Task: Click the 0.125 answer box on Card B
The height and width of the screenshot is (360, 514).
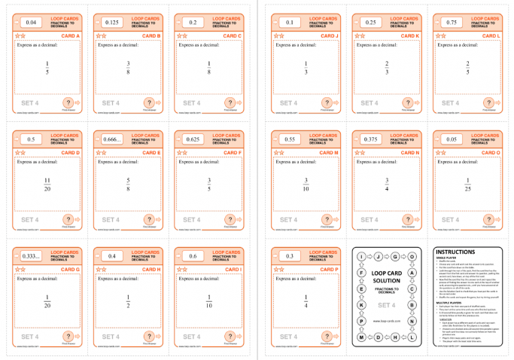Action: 112,23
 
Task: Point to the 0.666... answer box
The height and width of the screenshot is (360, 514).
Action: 112,139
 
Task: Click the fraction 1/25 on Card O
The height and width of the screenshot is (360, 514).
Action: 468,185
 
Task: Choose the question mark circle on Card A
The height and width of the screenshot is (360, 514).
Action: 68,102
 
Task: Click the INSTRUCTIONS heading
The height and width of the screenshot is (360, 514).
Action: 456,252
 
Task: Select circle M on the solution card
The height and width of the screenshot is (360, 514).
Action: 362,337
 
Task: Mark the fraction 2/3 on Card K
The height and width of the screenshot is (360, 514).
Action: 387,68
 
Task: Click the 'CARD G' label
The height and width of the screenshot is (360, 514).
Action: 68,269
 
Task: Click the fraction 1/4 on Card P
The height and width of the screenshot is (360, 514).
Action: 306,301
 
